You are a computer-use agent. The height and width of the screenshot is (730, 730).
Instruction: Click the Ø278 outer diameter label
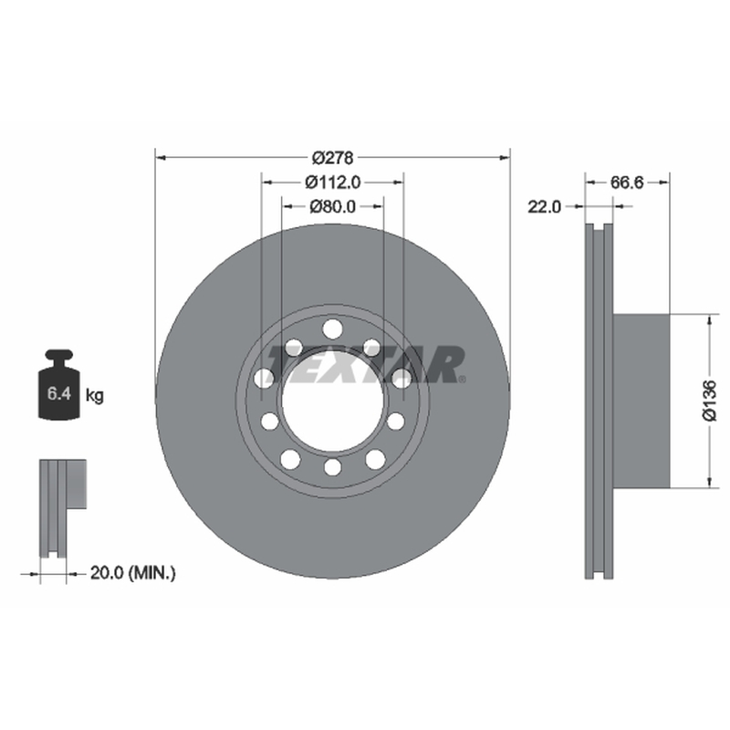(x=332, y=158)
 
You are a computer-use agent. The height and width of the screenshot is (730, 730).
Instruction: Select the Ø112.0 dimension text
(x=332, y=182)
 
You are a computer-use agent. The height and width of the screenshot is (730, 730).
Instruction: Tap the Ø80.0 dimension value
(x=332, y=206)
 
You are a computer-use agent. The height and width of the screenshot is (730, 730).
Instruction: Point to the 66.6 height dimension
(x=627, y=182)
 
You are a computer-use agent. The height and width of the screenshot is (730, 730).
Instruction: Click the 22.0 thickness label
(x=544, y=206)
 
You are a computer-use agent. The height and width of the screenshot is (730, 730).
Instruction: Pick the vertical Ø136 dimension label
(x=710, y=401)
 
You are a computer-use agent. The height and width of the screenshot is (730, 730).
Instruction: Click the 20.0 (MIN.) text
(x=132, y=573)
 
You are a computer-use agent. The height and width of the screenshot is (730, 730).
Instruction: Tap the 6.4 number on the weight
(x=59, y=393)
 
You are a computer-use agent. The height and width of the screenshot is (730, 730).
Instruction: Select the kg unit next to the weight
(x=95, y=396)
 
